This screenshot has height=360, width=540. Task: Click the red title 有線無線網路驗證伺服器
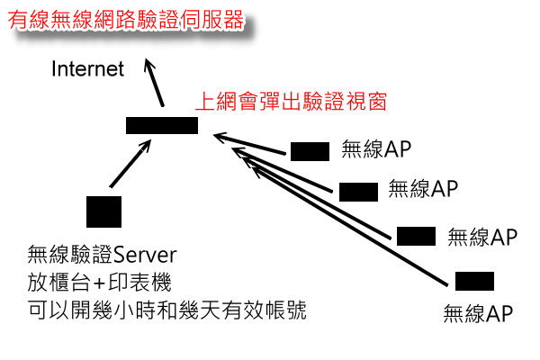coord(125,20)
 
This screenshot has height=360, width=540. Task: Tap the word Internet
coord(87,70)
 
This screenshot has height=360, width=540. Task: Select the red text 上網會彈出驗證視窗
coord(291,101)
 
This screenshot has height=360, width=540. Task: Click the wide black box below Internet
coord(162,126)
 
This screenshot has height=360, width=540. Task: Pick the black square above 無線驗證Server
coord(103,211)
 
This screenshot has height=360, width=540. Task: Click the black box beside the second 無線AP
coord(358,191)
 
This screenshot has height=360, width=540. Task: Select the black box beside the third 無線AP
coord(416,236)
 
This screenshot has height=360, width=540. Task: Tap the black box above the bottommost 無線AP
coord(475,282)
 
